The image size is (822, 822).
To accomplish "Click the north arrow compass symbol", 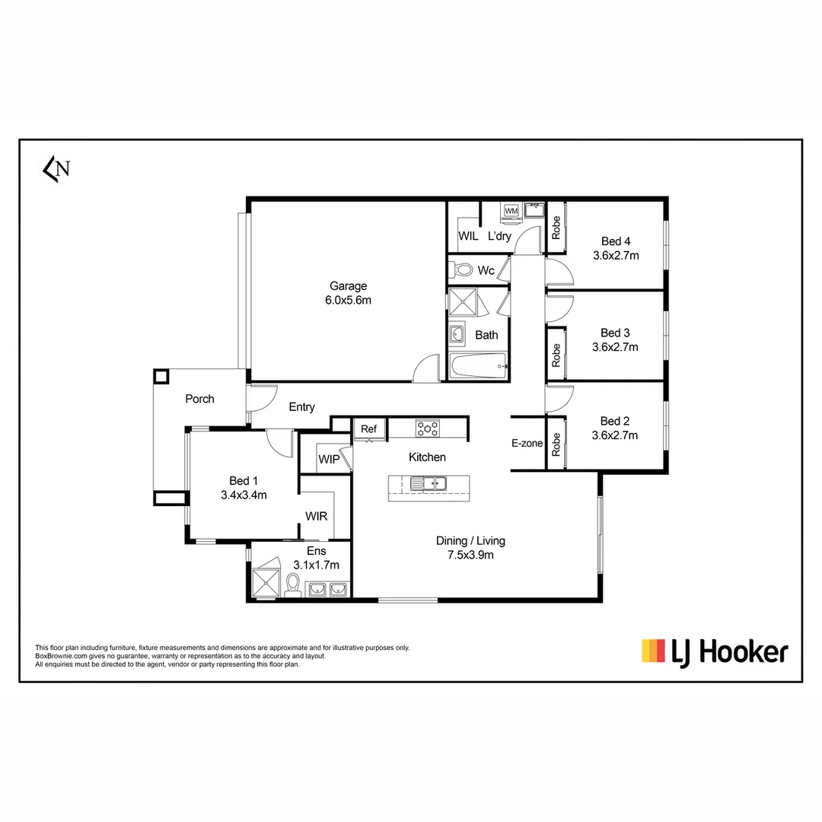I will point(56,169).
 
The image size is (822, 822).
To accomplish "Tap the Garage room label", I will point(348,286).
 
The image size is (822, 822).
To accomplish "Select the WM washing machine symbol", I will point(511,210).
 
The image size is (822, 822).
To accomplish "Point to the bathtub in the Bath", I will point(478,367).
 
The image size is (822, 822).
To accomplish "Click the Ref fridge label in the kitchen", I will point(369,429).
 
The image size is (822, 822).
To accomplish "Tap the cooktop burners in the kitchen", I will point(427,429).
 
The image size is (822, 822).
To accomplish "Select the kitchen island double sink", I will point(429,483).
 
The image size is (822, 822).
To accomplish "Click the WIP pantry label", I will point(328,460).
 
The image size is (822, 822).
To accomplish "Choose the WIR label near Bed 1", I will point(316,516).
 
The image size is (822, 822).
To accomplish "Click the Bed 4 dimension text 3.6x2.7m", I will point(616,256).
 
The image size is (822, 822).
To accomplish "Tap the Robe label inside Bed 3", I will point(556,355).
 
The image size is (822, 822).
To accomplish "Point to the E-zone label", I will point(527,443).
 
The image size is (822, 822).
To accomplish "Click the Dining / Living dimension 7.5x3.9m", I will point(470,555).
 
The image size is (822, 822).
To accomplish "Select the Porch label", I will point(199,399).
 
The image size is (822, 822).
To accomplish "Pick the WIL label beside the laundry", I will point(468,237).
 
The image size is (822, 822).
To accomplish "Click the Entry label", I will point(301,407).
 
